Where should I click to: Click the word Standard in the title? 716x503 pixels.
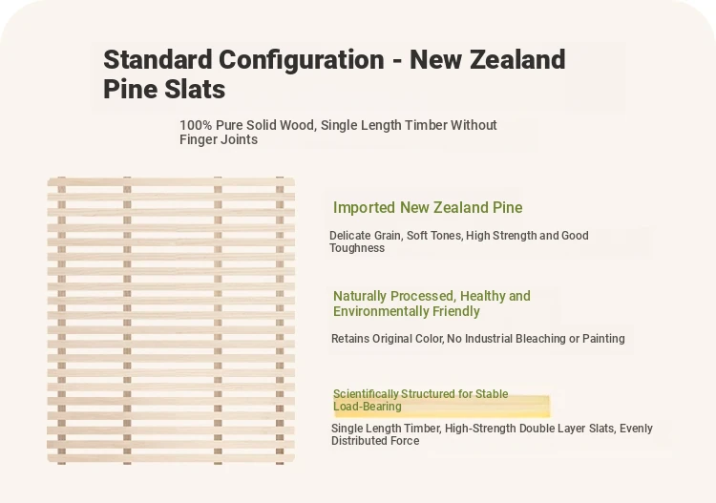pos(158,60)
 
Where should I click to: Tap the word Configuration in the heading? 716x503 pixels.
pos(302,61)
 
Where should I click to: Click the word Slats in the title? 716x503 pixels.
pos(194,89)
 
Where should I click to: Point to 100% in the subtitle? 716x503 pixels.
pos(196,125)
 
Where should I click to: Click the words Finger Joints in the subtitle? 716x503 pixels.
pos(219,139)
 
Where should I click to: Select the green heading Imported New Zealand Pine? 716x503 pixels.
pos(428,208)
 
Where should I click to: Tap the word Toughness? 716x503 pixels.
pos(357,248)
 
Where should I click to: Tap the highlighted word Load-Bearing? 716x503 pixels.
pos(368,407)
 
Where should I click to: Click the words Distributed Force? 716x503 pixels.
pos(375,441)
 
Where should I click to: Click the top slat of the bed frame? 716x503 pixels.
pos(171,181)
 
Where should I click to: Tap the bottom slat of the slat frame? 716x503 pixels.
pos(171,459)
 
